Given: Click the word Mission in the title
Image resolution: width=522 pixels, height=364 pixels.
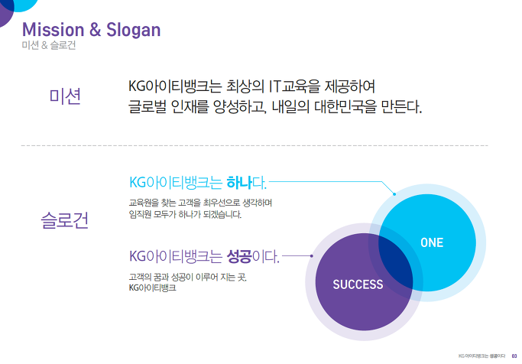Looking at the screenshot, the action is tap(53, 30).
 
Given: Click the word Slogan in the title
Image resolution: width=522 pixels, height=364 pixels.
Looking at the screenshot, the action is tap(134, 31).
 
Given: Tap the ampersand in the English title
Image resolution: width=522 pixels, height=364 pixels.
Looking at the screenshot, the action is tap(96, 29).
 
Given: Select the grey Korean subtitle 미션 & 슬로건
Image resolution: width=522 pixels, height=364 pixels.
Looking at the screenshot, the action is tap(49, 45).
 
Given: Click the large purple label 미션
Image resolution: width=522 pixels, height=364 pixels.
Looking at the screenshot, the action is tap(65, 96).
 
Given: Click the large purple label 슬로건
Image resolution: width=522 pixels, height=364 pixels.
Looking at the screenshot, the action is tap(65, 220).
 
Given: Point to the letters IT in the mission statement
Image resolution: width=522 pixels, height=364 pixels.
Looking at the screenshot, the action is tap(275, 86).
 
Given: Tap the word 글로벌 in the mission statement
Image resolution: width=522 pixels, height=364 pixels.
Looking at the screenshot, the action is tap(148, 107).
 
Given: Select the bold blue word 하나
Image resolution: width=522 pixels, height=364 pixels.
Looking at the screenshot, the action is tap(238, 183).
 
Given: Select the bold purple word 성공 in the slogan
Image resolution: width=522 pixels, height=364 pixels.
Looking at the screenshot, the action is tap(239, 256).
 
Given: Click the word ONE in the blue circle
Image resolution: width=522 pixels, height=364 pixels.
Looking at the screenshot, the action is tap(432, 242).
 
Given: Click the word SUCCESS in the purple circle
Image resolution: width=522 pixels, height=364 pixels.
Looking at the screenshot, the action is tap(358, 284).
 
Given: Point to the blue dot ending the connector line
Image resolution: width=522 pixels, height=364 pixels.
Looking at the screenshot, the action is tap(394, 193).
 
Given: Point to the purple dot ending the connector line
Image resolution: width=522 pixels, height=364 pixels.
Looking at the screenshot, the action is tap(312, 255).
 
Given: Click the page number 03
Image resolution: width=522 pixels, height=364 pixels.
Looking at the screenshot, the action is tap(514, 356).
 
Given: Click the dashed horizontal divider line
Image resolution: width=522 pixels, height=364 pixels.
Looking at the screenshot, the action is tap(255, 145).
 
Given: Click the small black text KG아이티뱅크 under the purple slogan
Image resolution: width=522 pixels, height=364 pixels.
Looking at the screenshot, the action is tap(152, 288).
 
